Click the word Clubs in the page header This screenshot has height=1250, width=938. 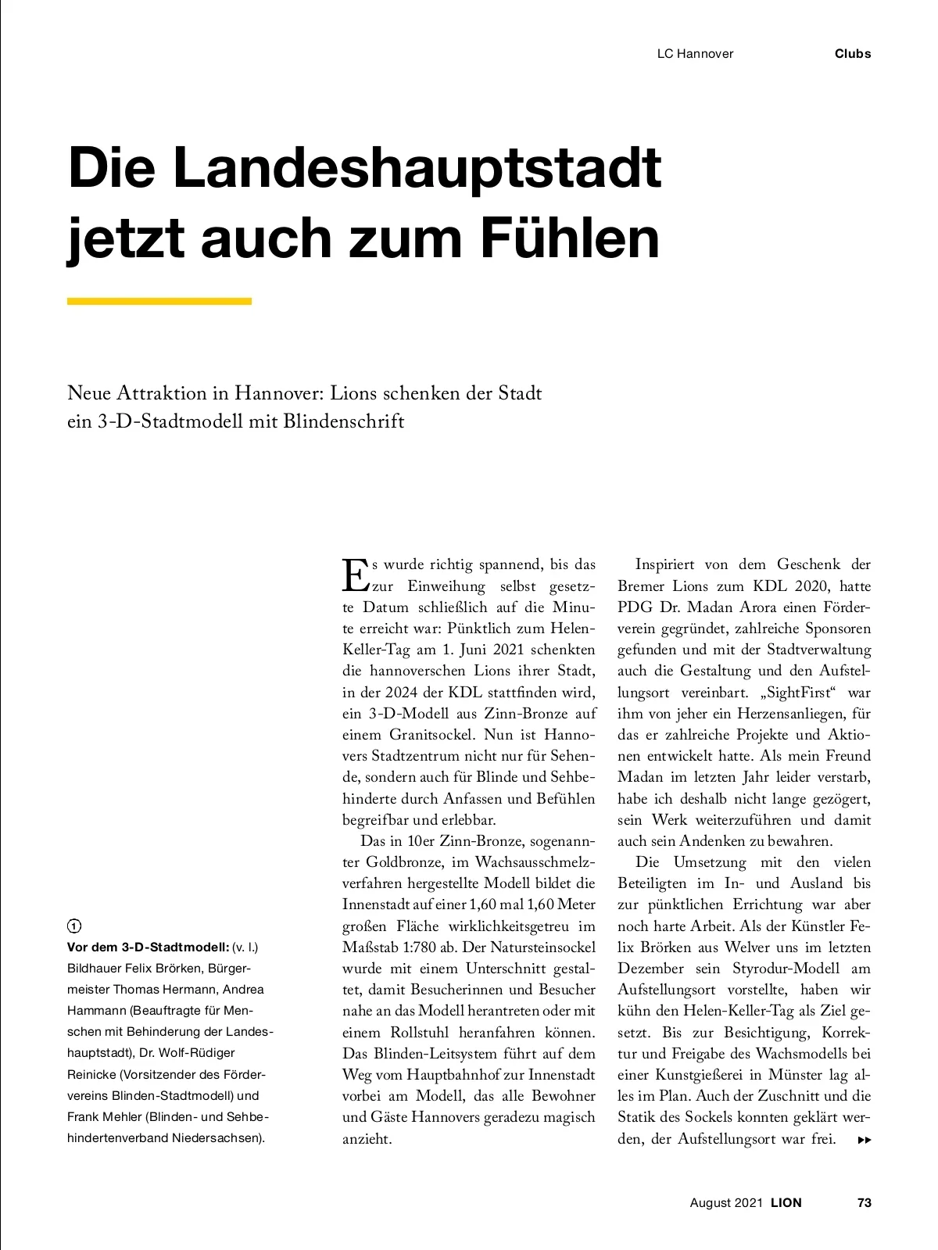click(x=852, y=54)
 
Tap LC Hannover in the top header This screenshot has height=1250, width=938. click(x=695, y=54)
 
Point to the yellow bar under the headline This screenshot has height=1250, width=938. click(x=159, y=301)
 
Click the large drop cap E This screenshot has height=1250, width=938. click(x=354, y=575)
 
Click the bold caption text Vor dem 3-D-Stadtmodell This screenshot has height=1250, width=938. click(x=148, y=947)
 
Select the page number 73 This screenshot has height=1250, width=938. click(x=864, y=1203)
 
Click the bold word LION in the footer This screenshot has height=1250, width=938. click(x=786, y=1203)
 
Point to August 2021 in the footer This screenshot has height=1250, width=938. click(x=725, y=1203)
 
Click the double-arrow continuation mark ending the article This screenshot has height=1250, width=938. click(x=864, y=1141)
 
